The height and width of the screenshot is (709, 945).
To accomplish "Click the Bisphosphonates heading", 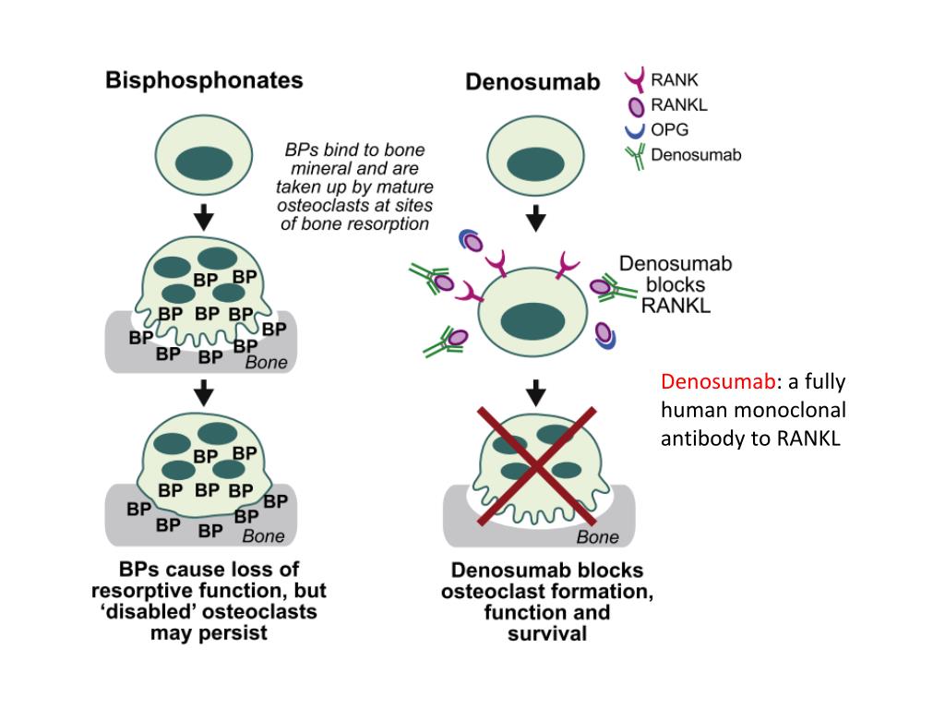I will point(204,80).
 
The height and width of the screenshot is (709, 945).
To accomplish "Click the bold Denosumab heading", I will point(532,82).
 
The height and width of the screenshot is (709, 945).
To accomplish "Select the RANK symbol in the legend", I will point(634,81).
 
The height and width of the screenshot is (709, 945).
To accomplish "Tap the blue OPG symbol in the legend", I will point(635,130).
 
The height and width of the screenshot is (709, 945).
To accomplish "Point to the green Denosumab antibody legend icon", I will point(635,155).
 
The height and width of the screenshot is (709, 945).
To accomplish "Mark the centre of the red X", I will point(534,463).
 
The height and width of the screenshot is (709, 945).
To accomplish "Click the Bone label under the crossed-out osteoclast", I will point(597,536).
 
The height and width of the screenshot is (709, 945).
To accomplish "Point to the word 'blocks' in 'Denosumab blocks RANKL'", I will point(676,284).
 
